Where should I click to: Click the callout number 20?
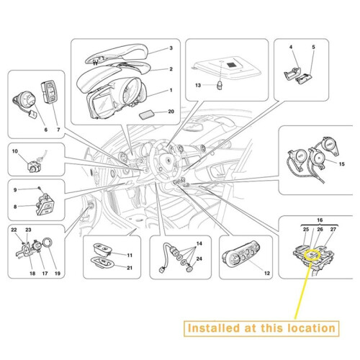coord(171,112)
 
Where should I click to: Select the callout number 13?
coord(198,85)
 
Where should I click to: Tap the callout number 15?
coord(341,164)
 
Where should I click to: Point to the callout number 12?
coord(267,273)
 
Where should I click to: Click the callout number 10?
coord(15,151)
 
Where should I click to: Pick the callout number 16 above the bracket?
coord(320,220)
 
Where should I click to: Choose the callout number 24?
coord(199,258)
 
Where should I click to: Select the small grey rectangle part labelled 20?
coord(146,114)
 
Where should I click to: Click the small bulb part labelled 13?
coord(220,85)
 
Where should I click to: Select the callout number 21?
coord(130,268)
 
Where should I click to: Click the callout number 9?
coord(15,190)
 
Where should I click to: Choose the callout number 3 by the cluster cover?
coord(171,48)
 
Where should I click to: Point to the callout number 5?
coord(313,47)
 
